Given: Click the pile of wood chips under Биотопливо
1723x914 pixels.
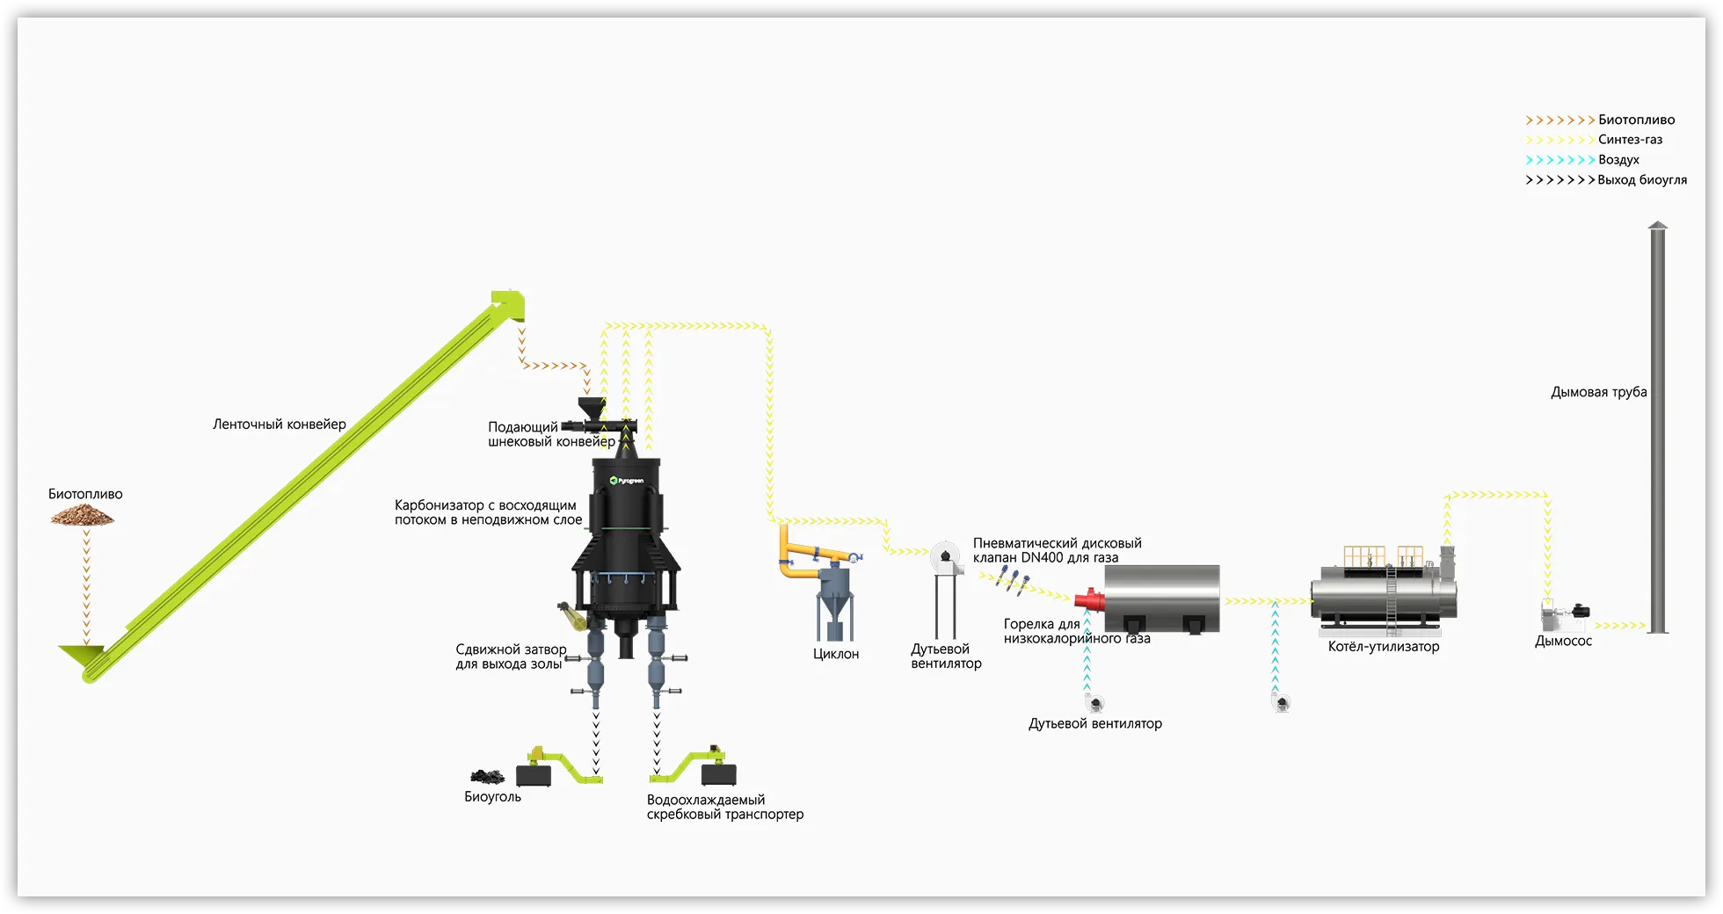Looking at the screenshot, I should (83, 518).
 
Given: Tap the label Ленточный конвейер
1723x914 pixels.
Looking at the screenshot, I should (279, 424).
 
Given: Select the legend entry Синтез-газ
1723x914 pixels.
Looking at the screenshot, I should (1630, 140).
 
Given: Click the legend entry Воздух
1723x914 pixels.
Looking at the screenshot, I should (1618, 160).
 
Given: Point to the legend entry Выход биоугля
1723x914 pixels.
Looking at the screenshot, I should (1641, 180).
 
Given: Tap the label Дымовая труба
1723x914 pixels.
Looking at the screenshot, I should (1598, 392).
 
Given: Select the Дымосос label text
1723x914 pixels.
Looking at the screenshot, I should (1563, 642).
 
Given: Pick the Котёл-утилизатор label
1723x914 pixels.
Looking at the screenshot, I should (1384, 647).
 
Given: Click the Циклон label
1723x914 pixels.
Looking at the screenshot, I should (836, 654).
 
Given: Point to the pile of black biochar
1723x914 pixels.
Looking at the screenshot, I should (487, 776).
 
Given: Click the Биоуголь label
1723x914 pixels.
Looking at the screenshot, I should (492, 797).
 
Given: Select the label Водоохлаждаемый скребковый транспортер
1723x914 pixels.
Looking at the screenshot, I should (724, 807).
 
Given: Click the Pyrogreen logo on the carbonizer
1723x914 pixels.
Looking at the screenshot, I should (627, 481).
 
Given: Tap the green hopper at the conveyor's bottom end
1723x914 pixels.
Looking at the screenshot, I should (80, 655).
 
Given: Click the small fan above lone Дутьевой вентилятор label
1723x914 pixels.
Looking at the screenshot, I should (1095, 703).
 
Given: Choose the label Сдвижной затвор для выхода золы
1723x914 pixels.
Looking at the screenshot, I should (510, 656).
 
